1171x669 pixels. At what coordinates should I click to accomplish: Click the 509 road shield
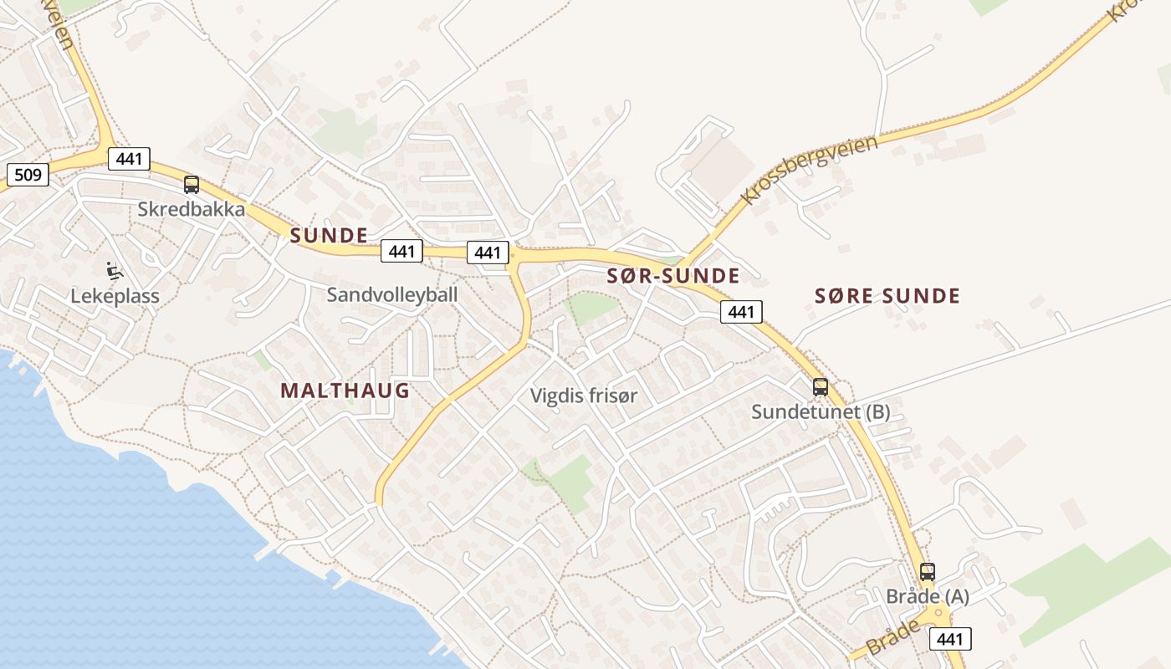(x=28, y=175)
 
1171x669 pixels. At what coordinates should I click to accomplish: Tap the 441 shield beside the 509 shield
(x=129, y=159)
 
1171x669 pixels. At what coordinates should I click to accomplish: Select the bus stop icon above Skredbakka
(x=192, y=185)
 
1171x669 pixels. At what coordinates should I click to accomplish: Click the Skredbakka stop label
(x=192, y=209)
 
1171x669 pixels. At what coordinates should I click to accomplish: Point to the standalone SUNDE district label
(x=329, y=235)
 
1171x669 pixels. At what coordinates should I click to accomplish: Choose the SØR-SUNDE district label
(x=673, y=276)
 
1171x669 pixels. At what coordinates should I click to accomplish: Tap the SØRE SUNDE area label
(x=887, y=295)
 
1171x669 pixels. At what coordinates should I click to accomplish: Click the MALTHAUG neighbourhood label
(x=345, y=391)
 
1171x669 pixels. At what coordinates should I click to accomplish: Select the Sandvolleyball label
(x=392, y=294)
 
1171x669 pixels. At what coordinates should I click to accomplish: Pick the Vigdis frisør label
(x=584, y=396)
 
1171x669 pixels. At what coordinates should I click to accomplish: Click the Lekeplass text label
(x=115, y=296)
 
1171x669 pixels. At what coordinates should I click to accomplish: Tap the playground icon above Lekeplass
(x=114, y=271)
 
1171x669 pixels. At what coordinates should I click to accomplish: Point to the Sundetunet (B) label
(x=820, y=411)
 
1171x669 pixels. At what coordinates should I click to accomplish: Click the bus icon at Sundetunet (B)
(x=821, y=387)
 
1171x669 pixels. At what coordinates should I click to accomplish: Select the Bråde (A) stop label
(x=928, y=596)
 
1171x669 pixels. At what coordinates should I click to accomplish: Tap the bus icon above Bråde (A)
(x=927, y=572)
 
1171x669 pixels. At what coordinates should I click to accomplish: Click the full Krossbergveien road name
(x=809, y=169)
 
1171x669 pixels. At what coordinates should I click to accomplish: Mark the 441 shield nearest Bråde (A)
(x=950, y=639)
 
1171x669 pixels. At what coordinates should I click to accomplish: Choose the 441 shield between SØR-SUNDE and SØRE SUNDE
(x=741, y=312)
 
